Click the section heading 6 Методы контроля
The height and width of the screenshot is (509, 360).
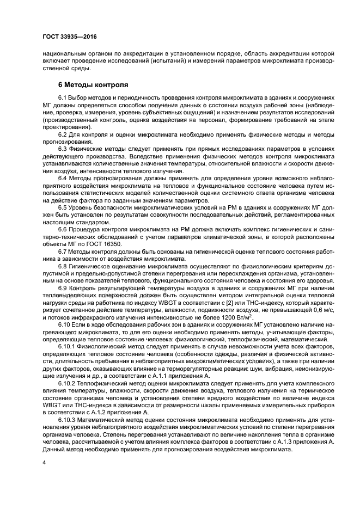pyautogui.click(x=93, y=85)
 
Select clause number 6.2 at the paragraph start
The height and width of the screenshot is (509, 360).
pyautogui.click(x=63, y=133)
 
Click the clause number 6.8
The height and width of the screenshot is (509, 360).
pyautogui.click(x=63, y=267)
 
